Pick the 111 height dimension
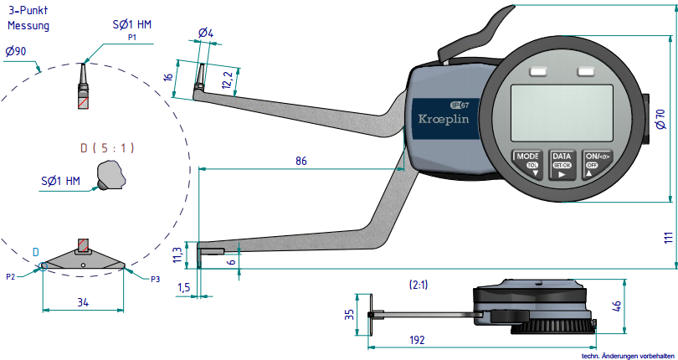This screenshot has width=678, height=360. pyautogui.click(x=667, y=237)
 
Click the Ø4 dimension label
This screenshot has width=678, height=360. pyautogui.click(x=206, y=33)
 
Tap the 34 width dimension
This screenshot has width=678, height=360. pyautogui.click(x=82, y=301)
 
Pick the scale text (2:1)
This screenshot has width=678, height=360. pyautogui.click(x=420, y=285)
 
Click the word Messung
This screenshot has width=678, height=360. pyautogui.click(x=29, y=26)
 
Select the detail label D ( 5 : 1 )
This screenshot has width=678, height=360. pyautogui.click(x=107, y=148)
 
